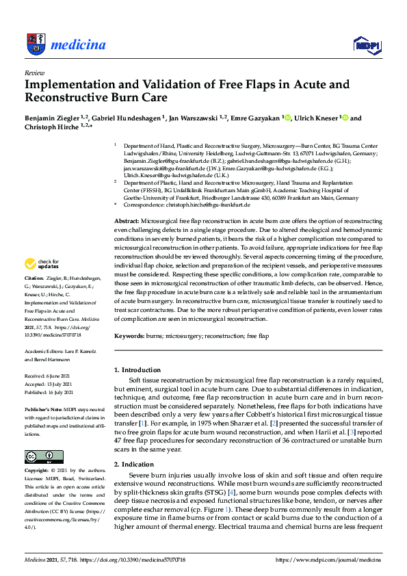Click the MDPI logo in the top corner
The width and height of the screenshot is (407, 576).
pos(365,46)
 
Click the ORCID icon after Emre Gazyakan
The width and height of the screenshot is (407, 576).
pos(287,118)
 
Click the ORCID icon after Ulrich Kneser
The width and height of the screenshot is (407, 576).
pos(345,118)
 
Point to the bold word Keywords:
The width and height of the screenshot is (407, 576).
pos(130,337)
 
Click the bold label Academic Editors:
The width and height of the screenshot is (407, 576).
pos(45,350)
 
